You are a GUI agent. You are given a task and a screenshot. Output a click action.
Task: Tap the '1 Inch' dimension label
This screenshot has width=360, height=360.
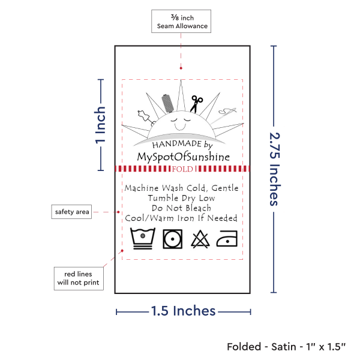[x=101, y=125]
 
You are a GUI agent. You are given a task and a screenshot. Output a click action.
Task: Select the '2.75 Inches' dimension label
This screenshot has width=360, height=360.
[x=274, y=169]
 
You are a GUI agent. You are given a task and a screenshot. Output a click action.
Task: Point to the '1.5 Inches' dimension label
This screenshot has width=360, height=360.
[x=182, y=311]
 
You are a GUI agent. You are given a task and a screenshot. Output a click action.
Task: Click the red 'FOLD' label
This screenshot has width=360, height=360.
[x=182, y=169]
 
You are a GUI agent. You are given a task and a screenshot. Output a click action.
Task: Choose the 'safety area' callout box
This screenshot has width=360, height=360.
[x=71, y=212]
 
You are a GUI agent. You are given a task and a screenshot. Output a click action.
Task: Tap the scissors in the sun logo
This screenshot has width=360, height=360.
[x=196, y=104]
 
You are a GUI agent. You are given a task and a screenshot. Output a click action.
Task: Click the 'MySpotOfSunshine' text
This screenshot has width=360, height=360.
[x=183, y=157]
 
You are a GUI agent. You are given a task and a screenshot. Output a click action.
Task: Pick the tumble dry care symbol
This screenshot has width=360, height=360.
[x=173, y=239]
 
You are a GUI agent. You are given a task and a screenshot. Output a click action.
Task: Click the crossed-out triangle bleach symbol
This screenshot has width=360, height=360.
[x=199, y=239]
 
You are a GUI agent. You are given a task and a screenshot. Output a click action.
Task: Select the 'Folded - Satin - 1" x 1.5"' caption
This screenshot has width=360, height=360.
[x=287, y=347]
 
